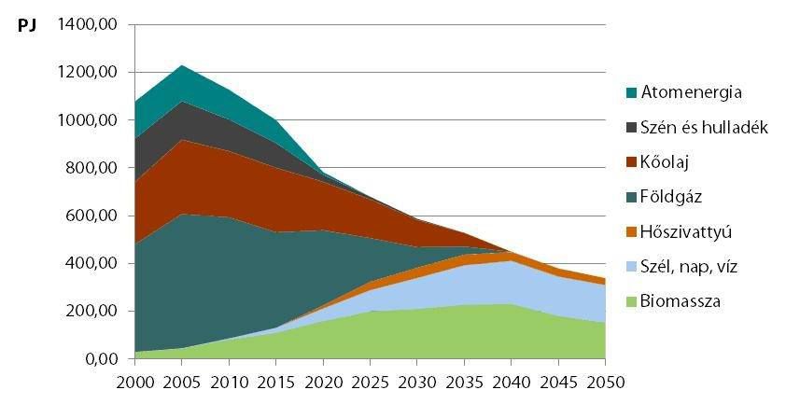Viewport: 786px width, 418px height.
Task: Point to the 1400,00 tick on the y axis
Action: coord(86,25)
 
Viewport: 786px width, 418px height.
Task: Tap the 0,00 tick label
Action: coord(99,359)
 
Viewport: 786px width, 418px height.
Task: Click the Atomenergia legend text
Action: coord(691,92)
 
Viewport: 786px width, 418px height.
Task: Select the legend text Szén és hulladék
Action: coord(703,127)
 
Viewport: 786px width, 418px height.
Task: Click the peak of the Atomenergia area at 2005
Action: coord(182,65)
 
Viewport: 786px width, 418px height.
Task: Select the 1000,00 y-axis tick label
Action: coord(86,120)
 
